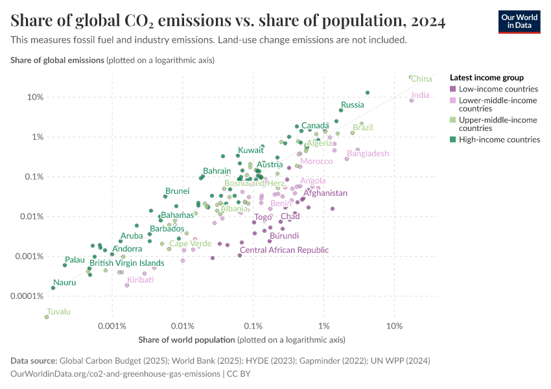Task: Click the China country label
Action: pyautogui.click(x=421, y=79)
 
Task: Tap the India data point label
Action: pyautogui.click(x=420, y=95)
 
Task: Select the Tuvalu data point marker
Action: pyautogui.click(x=47, y=317)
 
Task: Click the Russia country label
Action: pyautogui.click(x=353, y=105)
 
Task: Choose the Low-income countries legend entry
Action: pyautogui.click(x=498, y=89)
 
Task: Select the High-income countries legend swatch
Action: pyautogui.click(x=453, y=139)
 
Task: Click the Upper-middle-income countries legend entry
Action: pyautogui.click(x=498, y=124)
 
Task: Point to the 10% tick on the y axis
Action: pyautogui.click(x=35, y=97)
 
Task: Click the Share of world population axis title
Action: pyautogui.click(x=187, y=340)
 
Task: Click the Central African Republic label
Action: pyautogui.click(x=284, y=250)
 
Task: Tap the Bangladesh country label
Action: pyautogui.click(x=368, y=154)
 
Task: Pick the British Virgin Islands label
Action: pyautogui.click(x=126, y=263)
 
